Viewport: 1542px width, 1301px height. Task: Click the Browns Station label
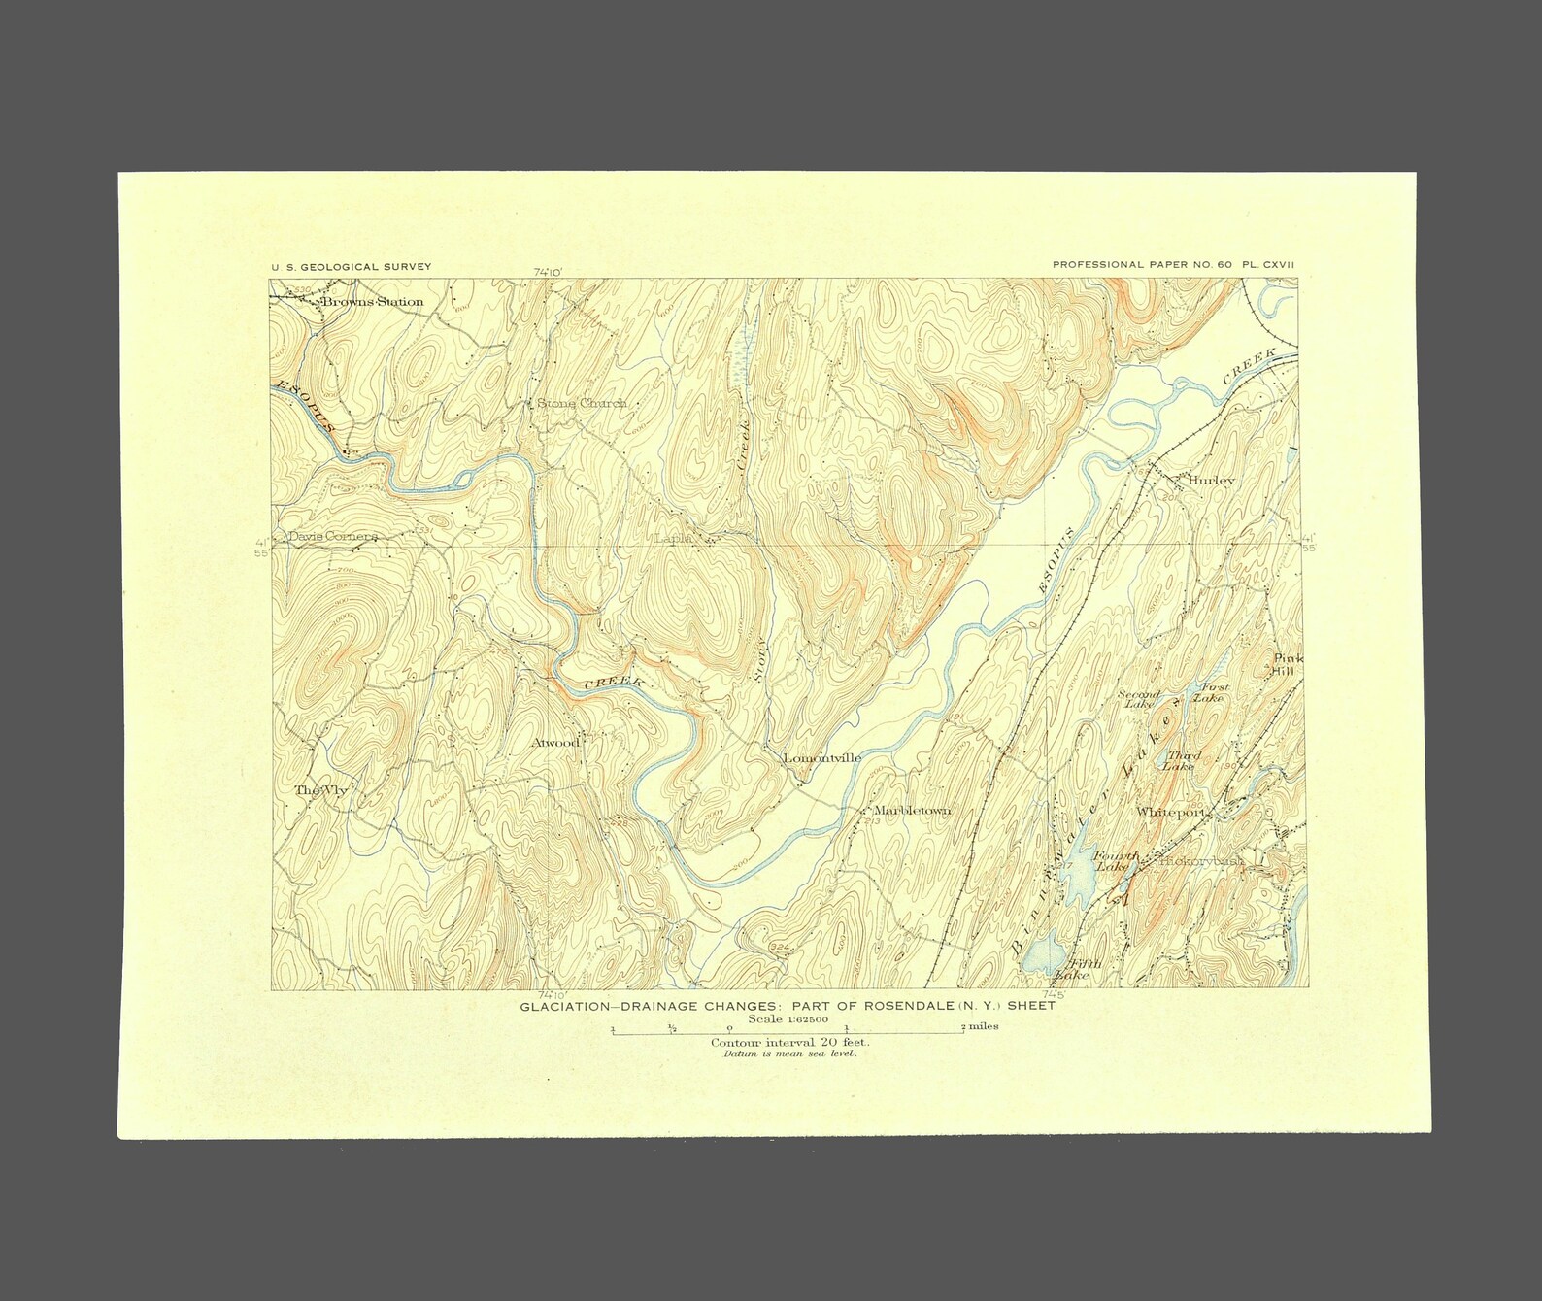373,302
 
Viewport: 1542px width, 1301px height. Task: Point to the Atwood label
555,743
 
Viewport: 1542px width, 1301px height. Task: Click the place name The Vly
320,790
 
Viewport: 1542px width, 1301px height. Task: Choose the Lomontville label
822,758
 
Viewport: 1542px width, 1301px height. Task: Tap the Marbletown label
912,811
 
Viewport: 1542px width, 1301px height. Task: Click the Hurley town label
1210,481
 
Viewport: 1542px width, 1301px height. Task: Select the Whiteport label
1171,812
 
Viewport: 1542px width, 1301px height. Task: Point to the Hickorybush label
1199,860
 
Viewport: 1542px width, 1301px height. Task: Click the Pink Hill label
1288,665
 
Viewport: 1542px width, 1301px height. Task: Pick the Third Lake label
1184,760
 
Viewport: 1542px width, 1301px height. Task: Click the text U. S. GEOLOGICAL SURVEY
352,267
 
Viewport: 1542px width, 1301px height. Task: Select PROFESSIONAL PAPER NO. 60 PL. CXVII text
1174,265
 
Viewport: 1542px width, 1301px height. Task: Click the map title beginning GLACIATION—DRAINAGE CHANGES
788,1007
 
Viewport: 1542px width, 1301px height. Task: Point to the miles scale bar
788,1034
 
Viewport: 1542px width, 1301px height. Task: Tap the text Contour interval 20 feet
789,1044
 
